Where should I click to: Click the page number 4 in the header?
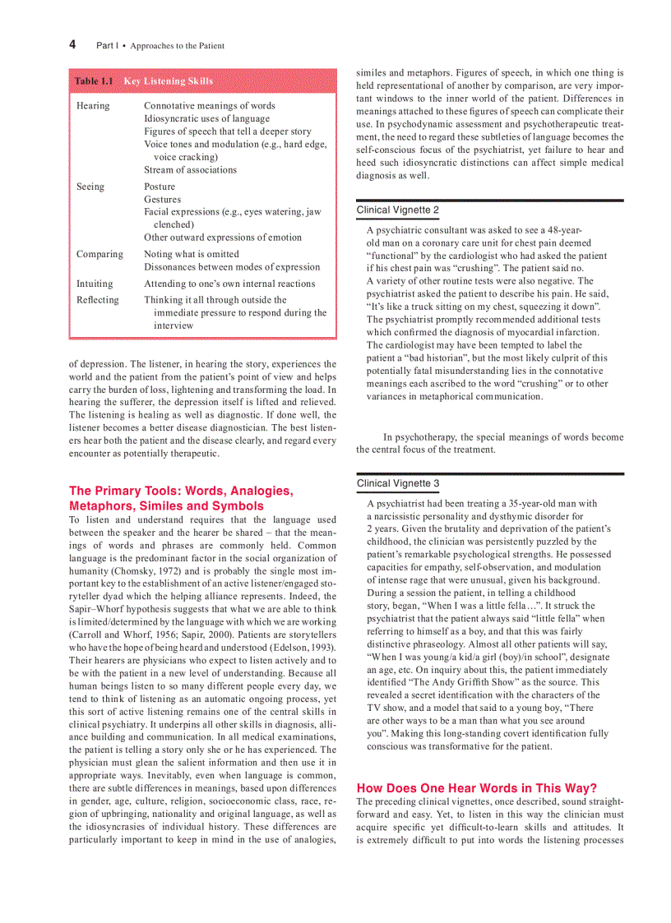click(x=72, y=44)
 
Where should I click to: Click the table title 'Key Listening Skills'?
click(x=168, y=81)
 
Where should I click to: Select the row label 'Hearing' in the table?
click(x=93, y=106)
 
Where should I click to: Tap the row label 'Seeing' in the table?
click(x=90, y=187)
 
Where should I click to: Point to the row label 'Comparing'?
click(x=99, y=254)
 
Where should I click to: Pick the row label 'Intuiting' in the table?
click(x=95, y=284)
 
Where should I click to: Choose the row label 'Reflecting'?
click(x=97, y=300)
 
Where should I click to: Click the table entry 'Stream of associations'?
click(x=190, y=170)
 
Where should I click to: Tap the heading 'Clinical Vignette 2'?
click(x=398, y=210)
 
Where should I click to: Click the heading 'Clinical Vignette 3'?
click(x=398, y=483)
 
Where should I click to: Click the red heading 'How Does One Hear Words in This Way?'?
click(x=477, y=787)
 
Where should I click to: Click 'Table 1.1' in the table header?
click(x=94, y=81)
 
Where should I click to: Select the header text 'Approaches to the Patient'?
click(x=178, y=46)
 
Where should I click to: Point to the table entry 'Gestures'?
click(x=163, y=200)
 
